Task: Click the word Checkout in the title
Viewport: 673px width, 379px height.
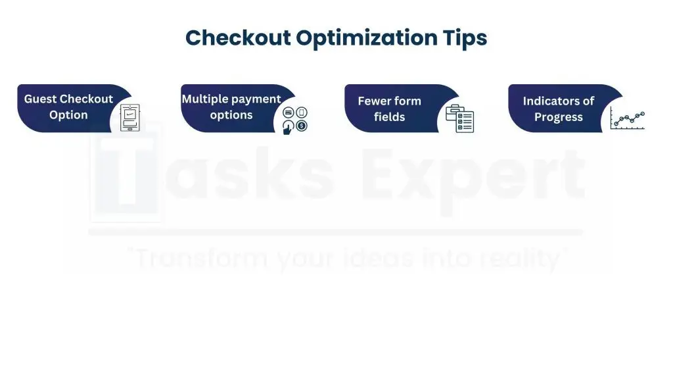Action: (x=238, y=38)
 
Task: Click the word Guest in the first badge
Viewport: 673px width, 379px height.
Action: (x=40, y=99)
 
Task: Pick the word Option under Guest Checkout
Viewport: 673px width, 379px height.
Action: (x=68, y=115)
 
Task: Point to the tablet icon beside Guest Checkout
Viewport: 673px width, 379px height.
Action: (x=129, y=117)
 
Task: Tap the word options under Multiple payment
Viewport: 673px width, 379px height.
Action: (x=231, y=115)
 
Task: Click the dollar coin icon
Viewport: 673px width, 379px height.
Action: (x=302, y=126)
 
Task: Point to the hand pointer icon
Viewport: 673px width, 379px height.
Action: (x=288, y=127)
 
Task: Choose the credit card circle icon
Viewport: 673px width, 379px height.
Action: (x=289, y=113)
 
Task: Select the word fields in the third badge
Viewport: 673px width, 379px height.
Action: (x=389, y=117)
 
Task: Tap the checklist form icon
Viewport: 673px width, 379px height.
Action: (x=459, y=118)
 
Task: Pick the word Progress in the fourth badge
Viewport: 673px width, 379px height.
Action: (x=559, y=117)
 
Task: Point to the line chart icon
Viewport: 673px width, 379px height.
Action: (x=627, y=118)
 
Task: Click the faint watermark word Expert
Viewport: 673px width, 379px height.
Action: (x=472, y=176)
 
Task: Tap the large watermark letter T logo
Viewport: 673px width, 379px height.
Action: (x=126, y=172)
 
